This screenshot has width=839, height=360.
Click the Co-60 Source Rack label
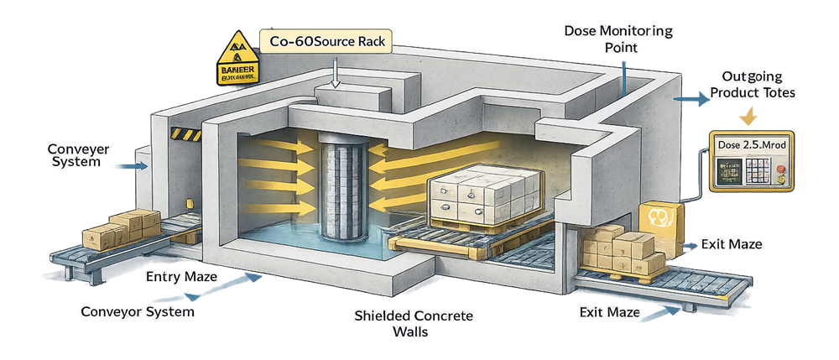(325, 40)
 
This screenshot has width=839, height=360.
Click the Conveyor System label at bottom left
(138, 312)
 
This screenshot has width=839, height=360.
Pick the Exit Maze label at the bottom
(610, 313)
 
